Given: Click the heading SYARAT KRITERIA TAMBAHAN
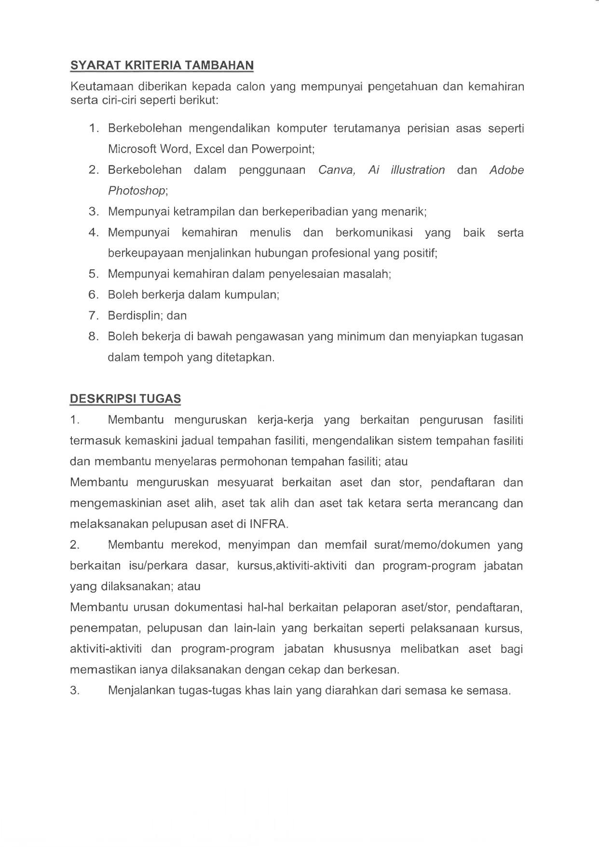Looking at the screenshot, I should pos(162,65).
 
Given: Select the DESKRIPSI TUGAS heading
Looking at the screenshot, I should pos(125,399).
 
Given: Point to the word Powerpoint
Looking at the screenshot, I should pos(283,149).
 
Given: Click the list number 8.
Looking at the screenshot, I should pos(93,336).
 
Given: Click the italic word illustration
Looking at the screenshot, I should pos(418,170).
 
